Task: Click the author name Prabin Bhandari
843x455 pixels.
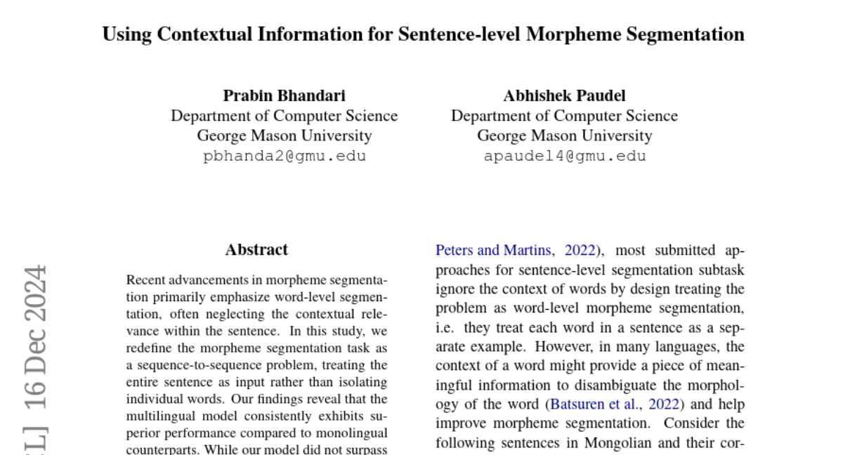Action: [285, 95]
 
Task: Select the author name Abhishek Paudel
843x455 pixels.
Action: [564, 95]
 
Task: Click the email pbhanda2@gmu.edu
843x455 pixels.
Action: [285, 156]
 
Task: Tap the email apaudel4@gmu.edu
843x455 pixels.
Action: [564, 156]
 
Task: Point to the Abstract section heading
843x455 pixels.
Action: [256, 250]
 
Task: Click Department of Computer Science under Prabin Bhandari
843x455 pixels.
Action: [285, 116]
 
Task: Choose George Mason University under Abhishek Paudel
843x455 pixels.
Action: [564, 136]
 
